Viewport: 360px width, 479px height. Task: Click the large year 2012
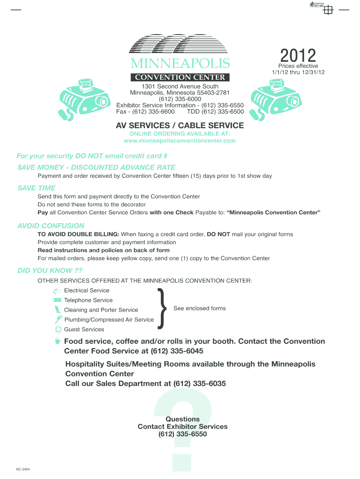[x=299, y=56]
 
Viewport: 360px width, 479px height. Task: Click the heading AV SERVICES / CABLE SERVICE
[x=180, y=125]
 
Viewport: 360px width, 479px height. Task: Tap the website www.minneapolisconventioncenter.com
[x=180, y=140]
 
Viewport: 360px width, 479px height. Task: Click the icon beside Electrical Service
[x=58, y=290]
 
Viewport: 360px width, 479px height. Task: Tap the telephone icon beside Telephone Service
[x=58, y=300]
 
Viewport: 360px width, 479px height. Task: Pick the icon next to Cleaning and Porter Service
[x=58, y=310]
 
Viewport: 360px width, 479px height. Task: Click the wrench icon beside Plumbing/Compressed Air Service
[x=58, y=319]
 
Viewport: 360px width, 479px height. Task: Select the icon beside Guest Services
[x=58, y=329]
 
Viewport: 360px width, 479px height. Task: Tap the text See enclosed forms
[x=200, y=308]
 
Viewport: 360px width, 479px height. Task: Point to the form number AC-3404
[x=23, y=469]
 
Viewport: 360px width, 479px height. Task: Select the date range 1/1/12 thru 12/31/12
[x=298, y=72]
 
